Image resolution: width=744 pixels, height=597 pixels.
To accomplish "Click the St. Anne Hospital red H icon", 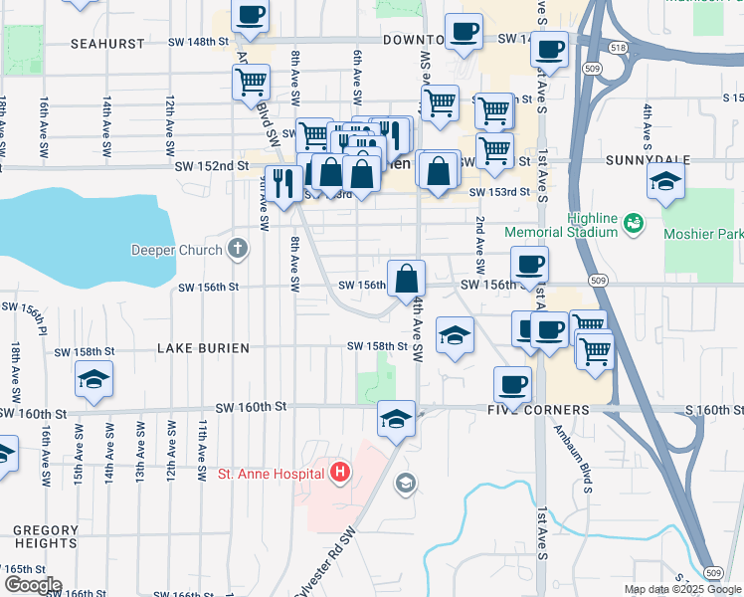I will (x=340, y=472).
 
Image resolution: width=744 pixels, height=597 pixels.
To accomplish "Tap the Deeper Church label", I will (x=179, y=249).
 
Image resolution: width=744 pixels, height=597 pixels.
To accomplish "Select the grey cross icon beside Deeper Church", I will (x=237, y=248).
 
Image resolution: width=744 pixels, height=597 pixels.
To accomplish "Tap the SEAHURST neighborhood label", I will (x=107, y=44).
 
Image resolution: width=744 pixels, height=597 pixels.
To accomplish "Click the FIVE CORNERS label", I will (x=537, y=410).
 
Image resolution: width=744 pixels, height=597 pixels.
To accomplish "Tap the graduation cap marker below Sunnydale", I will (x=665, y=182).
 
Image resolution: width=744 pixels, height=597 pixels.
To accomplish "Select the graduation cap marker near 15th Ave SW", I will (x=93, y=380).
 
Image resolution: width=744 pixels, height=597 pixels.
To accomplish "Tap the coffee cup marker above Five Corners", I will (x=513, y=383).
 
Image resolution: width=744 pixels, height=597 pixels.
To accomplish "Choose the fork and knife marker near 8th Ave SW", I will (x=286, y=183).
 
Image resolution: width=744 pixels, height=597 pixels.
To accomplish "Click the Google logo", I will (x=33, y=585).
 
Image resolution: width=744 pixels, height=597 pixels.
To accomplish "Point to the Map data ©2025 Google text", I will (x=682, y=589).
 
